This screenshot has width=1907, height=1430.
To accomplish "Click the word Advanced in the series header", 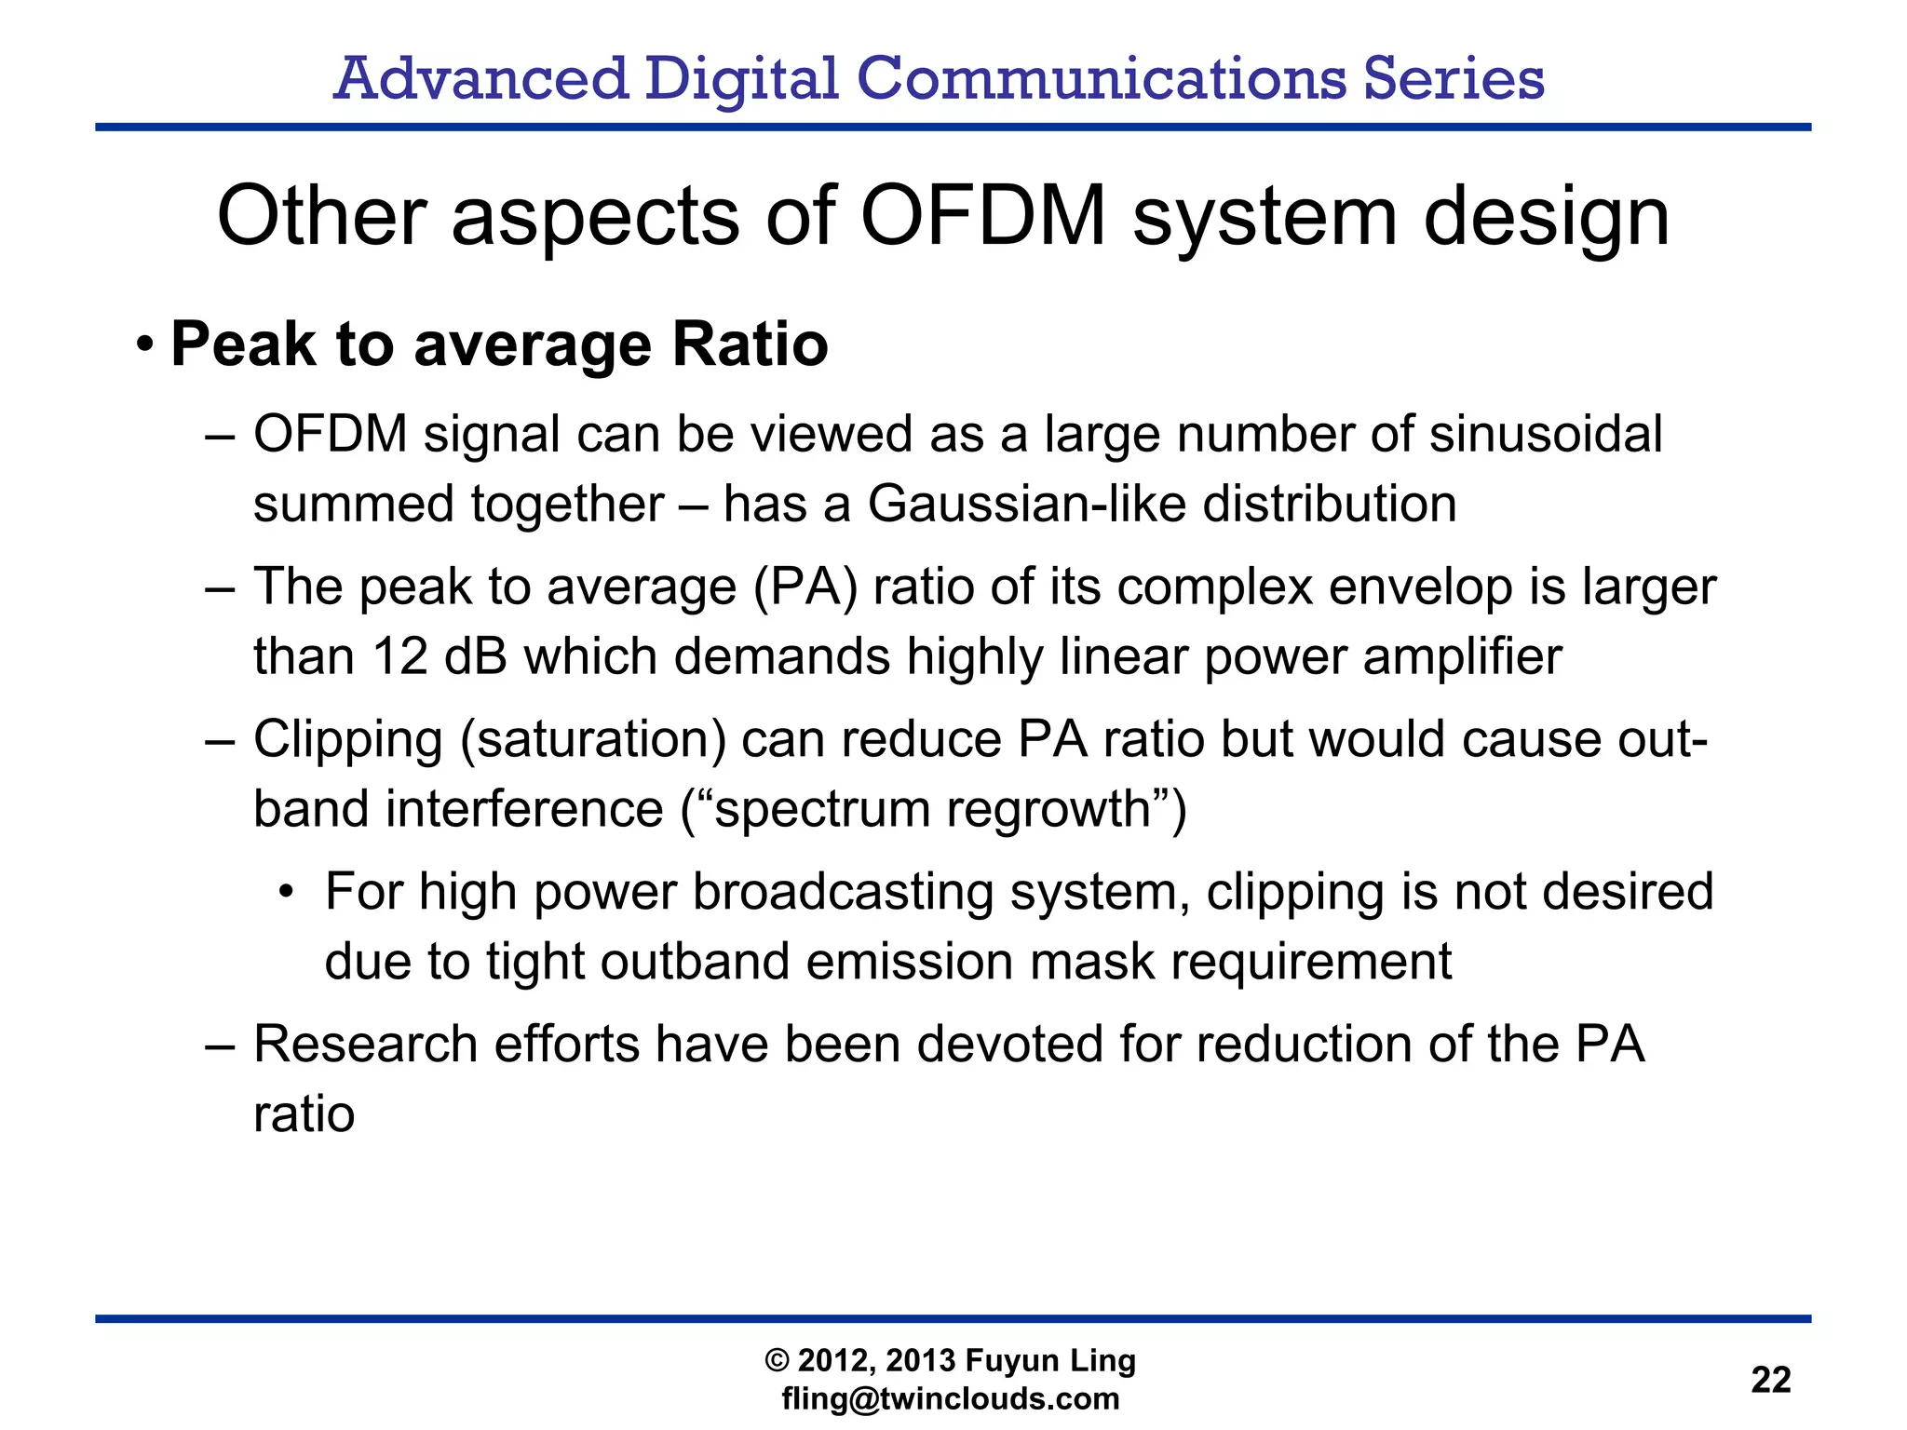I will pyautogui.click(x=480, y=78).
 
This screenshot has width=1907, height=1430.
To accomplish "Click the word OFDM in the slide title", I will pyautogui.click(x=983, y=216).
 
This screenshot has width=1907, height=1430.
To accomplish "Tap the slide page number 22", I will pyautogui.click(x=1770, y=1379).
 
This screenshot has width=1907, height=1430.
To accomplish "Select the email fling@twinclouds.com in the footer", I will pyautogui.click(x=951, y=1398).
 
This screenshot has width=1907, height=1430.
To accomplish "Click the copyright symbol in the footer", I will pyautogui.click(x=777, y=1361).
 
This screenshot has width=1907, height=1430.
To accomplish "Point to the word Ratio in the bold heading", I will pyautogui.click(x=750, y=344).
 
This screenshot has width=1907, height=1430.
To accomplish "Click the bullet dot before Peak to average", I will pyautogui.click(x=143, y=345).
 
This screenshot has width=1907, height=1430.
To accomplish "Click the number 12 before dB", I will pyautogui.click(x=399, y=656).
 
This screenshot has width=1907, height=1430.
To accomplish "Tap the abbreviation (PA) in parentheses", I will pyautogui.click(x=805, y=587).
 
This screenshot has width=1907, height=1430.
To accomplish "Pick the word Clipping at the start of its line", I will pyautogui.click(x=347, y=741).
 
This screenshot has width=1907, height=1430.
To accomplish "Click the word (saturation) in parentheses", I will pyautogui.click(x=592, y=741).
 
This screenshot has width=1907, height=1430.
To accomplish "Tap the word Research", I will pyautogui.click(x=365, y=1045).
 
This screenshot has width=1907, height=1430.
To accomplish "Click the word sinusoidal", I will pyautogui.click(x=1545, y=435).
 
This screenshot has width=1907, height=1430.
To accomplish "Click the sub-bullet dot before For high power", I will pyautogui.click(x=287, y=893).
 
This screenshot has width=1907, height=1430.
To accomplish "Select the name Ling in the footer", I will pyautogui.click(x=1102, y=1361).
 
